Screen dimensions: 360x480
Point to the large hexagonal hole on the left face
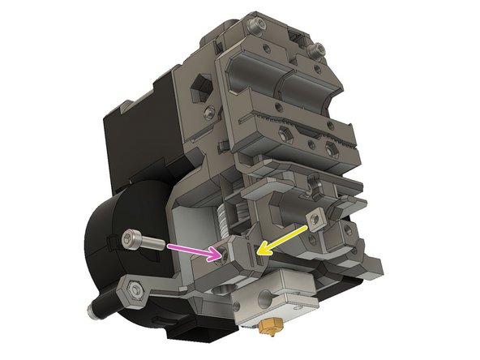[x=199, y=86]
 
